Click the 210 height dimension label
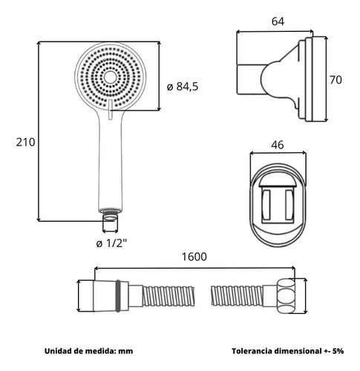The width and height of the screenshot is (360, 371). coord(25,142)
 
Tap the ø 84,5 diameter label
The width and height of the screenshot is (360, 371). coord(183,87)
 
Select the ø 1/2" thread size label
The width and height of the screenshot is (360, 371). coord(111,243)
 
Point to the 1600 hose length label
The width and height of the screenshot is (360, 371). coord(194,257)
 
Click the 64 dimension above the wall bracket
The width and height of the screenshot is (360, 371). coord(278,22)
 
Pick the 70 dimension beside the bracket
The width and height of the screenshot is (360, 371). coord(336,80)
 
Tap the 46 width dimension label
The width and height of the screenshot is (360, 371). coord(278,145)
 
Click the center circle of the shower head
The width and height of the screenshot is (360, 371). coord(109,77)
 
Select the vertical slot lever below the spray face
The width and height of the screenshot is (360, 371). coord(111,109)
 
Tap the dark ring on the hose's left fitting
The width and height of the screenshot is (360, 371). coord(118,296)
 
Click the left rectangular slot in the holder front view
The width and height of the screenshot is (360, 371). coord(266,205)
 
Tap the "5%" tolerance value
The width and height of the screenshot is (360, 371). coord(338,351)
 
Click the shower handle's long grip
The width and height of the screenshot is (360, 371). coord(111,163)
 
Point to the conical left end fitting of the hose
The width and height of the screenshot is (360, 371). coord(105,296)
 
